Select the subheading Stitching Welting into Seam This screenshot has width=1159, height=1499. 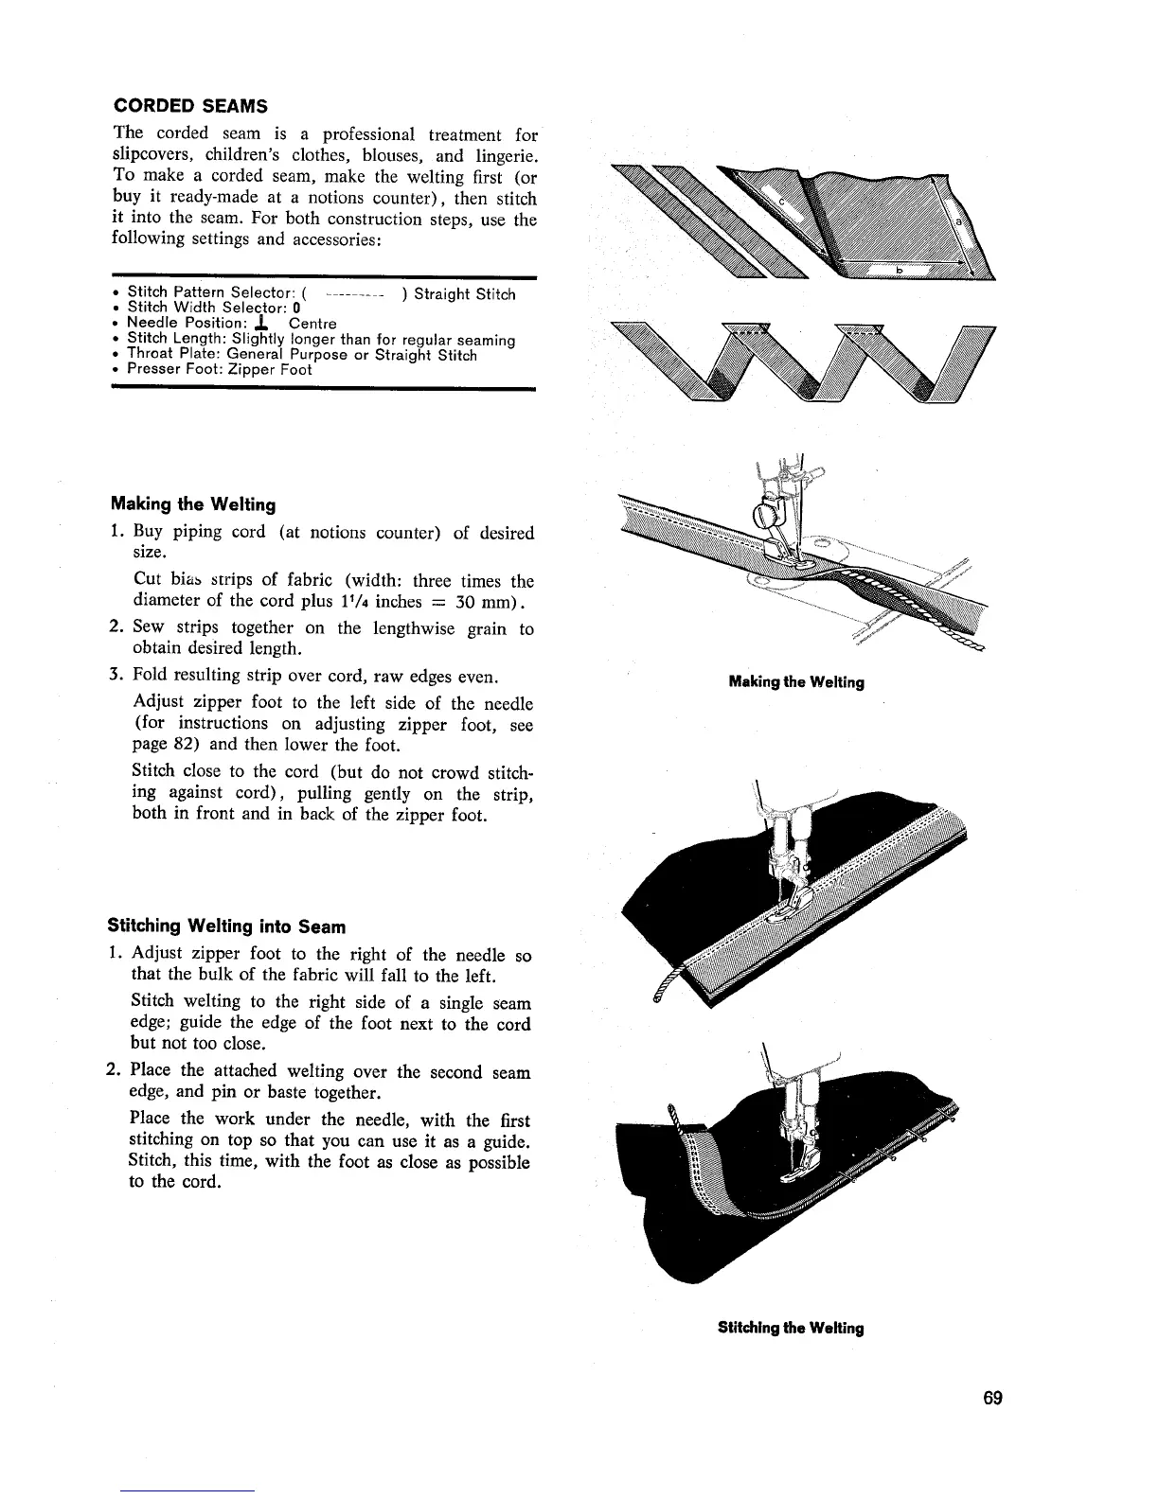(227, 926)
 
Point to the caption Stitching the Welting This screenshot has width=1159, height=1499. (791, 1328)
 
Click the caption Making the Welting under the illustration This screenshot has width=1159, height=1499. (796, 682)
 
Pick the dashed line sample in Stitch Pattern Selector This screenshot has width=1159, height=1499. (353, 294)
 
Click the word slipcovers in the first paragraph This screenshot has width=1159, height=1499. (152, 155)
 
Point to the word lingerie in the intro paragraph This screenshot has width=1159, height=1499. (501, 155)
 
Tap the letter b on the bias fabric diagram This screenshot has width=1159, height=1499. (900, 270)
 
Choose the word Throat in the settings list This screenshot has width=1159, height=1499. (151, 356)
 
